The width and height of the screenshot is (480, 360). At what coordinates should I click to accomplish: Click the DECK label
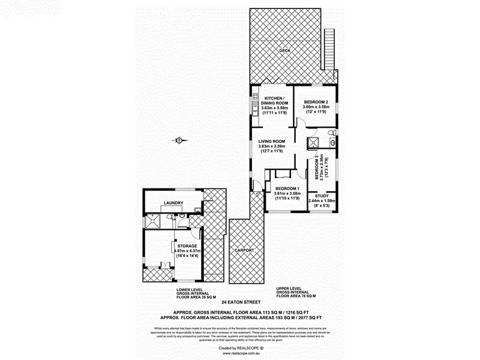point(284,51)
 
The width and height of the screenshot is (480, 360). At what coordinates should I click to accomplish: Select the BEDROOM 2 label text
point(316,101)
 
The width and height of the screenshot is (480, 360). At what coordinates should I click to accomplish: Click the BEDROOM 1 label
point(286,188)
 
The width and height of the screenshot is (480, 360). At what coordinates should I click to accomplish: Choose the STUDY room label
point(321,195)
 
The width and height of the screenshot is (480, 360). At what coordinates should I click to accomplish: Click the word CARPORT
point(244,250)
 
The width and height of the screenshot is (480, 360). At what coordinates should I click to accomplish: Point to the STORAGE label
point(187,245)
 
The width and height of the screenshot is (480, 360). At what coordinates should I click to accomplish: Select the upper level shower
point(313,142)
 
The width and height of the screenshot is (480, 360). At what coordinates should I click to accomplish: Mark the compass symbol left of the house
point(179,141)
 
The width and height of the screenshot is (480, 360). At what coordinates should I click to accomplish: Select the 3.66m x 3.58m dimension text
point(316,107)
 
